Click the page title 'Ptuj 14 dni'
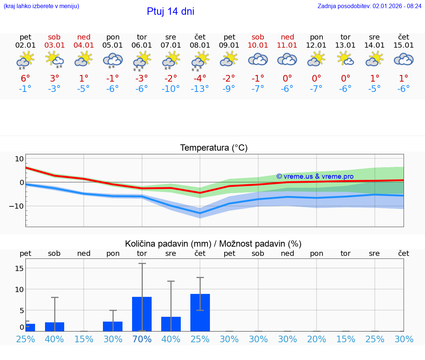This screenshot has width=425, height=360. coord(170,11)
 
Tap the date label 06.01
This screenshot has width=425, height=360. coord(142,45)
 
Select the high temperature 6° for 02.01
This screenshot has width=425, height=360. coord(25,78)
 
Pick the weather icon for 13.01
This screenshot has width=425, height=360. coord(346,59)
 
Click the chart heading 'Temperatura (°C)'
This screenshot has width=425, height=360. coord(214,148)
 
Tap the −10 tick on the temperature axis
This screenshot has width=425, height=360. coord(17,206)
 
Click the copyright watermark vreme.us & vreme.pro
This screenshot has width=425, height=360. coord(315,176)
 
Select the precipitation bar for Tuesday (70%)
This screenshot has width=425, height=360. coord(142,314)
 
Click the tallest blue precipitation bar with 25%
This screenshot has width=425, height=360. coord(200,312)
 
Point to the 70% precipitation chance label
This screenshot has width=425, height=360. coord(142,339)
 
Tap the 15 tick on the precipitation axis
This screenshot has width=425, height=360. coord(19,268)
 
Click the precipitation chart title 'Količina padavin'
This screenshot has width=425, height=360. coord(213,244)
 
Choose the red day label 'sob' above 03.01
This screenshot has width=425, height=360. coord(54,37)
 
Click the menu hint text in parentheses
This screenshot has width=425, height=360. coord(41,6)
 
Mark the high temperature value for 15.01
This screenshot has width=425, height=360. coord(404,78)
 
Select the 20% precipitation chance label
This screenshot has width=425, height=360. coord(317,339)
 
